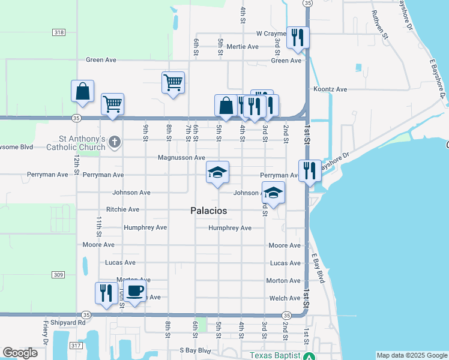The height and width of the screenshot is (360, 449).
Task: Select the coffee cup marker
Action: [134, 292]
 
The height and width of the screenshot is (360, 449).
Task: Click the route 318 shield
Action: [59, 32]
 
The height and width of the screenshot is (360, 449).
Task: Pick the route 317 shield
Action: [74, 346]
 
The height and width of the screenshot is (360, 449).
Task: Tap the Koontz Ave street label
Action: [330, 89]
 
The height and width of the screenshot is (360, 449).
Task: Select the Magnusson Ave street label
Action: [181, 158]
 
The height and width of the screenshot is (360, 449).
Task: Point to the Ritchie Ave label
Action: [122, 209]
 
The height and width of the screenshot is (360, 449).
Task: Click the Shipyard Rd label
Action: [68, 322]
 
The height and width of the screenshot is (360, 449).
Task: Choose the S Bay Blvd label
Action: [195, 350]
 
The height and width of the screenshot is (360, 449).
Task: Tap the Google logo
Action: [20, 353]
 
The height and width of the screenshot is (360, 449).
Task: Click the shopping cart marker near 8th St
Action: [173, 82]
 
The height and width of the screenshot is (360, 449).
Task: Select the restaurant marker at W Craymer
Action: [298, 38]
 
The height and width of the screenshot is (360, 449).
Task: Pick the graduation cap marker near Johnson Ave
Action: [273, 193]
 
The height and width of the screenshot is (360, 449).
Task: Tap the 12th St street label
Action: [77, 164]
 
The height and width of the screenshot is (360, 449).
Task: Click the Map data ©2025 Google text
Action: [411, 355]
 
